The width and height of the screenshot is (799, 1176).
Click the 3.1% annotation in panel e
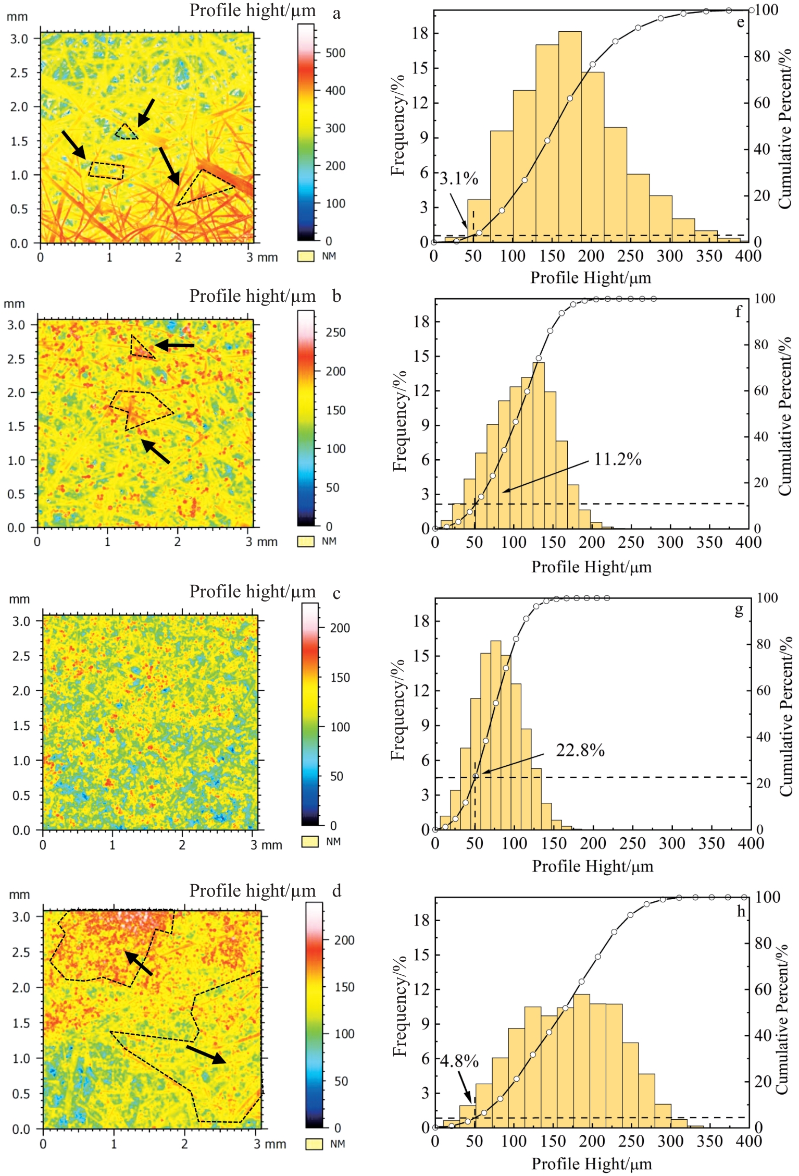click(459, 179)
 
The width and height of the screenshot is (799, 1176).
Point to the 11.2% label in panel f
click(618, 459)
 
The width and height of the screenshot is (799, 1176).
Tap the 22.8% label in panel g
click(580, 751)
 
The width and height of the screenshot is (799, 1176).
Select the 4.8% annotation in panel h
click(459, 1061)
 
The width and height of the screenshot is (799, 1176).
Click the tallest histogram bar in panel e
click(570, 136)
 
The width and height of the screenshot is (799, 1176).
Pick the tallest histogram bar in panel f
click(539, 443)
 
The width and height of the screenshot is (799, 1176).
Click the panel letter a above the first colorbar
click(337, 14)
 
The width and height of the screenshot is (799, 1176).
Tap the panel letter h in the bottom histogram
click(741, 911)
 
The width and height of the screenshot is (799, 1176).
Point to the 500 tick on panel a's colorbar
click(335, 53)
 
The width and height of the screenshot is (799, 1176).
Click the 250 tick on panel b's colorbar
click(335, 333)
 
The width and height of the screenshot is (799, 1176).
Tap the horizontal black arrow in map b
click(174, 345)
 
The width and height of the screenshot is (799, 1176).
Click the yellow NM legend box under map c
click(310, 841)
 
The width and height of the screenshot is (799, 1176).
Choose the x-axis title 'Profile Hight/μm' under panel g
click(592, 866)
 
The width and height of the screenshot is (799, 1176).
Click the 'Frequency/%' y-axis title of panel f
click(399, 421)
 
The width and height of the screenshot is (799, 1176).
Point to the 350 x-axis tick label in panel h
click(709, 1141)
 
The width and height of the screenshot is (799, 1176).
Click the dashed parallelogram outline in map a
click(107, 170)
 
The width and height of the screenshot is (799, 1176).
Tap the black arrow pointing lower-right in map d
click(206, 1055)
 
